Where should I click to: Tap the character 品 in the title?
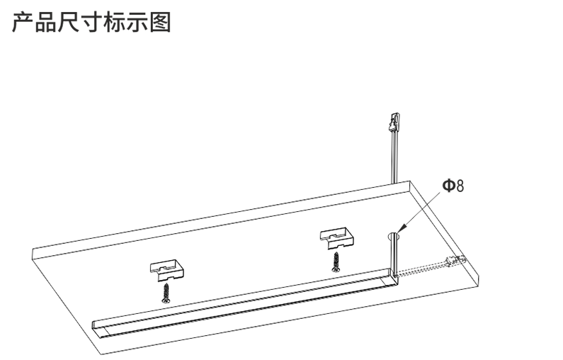(45, 22)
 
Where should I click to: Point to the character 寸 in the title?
(91, 22)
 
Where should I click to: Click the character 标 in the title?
(114, 22)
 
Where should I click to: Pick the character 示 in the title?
(137, 22)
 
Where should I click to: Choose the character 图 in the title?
(160, 22)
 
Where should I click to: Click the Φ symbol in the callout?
(448, 186)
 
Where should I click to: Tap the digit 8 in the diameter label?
(460, 186)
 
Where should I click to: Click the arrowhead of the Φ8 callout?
(402, 230)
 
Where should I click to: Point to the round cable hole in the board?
(394, 236)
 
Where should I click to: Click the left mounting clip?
(166, 271)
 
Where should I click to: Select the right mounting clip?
(337, 238)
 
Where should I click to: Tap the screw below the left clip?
(166, 293)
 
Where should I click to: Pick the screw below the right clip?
(336, 261)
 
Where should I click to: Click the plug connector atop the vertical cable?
(394, 122)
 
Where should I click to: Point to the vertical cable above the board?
(394, 157)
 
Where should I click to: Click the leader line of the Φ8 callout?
(423, 210)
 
